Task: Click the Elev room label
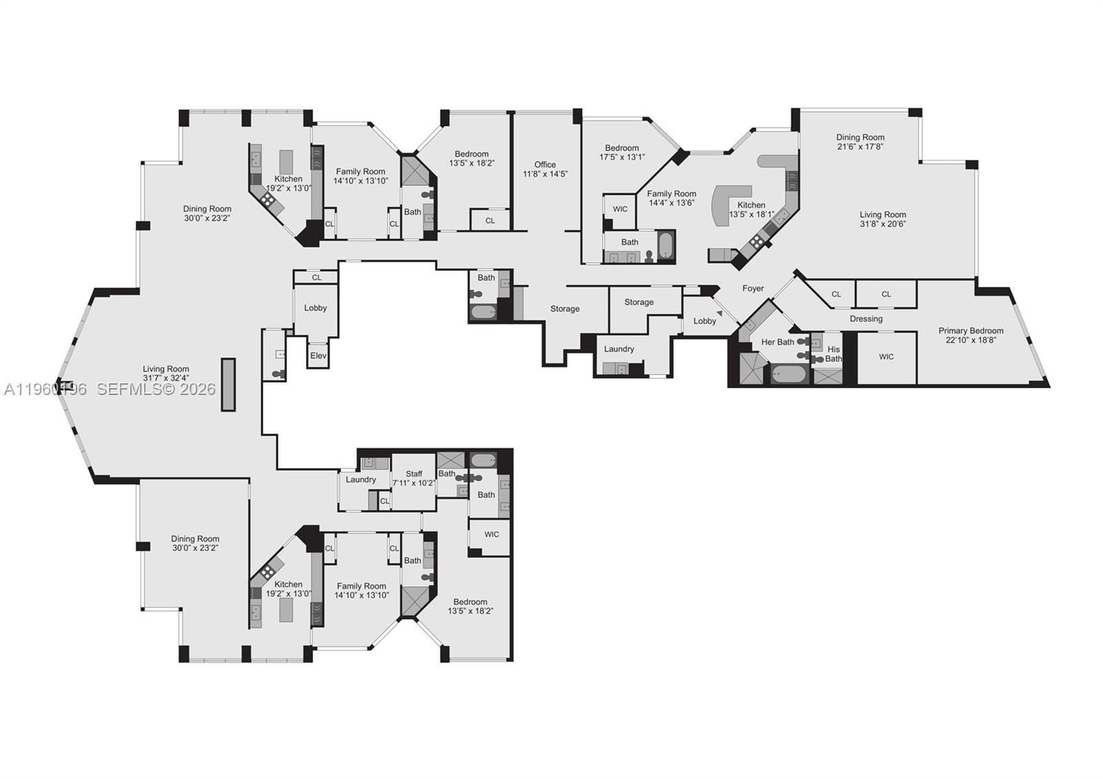pyautogui.click(x=318, y=356)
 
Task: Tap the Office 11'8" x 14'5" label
pyautogui.click(x=545, y=169)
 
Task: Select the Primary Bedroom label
pyautogui.click(x=971, y=335)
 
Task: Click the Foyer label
pyautogui.click(x=753, y=289)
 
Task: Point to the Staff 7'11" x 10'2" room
pyautogui.click(x=414, y=478)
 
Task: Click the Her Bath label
pyautogui.click(x=777, y=342)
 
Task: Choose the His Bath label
pyautogui.click(x=833, y=354)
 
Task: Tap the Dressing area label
pyautogui.click(x=866, y=318)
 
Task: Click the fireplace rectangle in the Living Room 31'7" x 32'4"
pyautogui.click(x=228, y=385)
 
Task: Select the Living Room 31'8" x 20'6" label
pyautogui.click(x=882, y=219)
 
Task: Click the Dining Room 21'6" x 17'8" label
pyautogui.click(x=860, y=142)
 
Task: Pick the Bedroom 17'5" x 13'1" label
pyautogui.click(x=622, y=152)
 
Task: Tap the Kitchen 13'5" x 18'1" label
pyautogui.click(x=751, y=210)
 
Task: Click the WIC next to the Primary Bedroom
pyautogui.click(x=887, y=357)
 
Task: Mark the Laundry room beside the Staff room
pyautogui.click(x=361, y=480)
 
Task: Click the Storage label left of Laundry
pyautogui.click(x=565, y=309)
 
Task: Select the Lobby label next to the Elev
pyautogui.click(x=316, y=308)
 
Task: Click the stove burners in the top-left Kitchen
pyautogui.click(x=267, y=201)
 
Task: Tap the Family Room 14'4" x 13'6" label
pyautogui.click(x=671, y=199)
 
